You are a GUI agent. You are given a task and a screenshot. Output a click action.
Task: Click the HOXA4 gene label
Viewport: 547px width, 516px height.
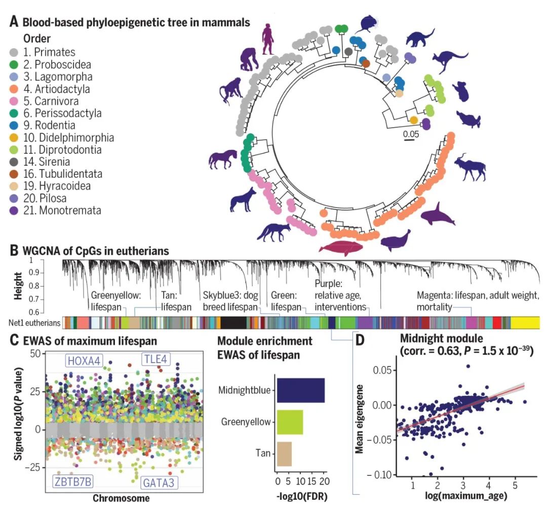pyautogui.click(x=85, y=360)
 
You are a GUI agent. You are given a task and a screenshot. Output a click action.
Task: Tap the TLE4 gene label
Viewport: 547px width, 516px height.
pyautogui.click(x=155, y=359)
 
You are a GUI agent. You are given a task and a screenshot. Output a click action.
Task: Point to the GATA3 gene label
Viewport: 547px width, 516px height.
pyautogui.click(x=158, y=483)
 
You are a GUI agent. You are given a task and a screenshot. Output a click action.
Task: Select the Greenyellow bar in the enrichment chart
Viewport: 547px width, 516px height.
pyautogui.click(x=289, y=421)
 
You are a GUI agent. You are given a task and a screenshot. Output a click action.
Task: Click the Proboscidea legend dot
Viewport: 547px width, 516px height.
pyautogui.click(x=15, y=64)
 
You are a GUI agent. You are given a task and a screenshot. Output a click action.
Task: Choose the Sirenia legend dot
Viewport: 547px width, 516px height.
pyautogui.click(x=15, y=162)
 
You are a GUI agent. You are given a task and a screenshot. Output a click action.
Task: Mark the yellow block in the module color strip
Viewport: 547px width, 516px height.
pyautogui.click(x=525, y=323)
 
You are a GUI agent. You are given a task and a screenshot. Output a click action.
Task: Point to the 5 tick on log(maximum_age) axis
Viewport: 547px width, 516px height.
pyautogui.click(x=515, y=486)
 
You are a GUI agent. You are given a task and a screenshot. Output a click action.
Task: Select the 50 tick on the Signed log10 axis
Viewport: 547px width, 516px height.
pyautogui.click(x=35, y=353)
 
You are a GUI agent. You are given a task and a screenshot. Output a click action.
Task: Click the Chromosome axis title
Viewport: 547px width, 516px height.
pyautogui.click(x=121, y=498)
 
